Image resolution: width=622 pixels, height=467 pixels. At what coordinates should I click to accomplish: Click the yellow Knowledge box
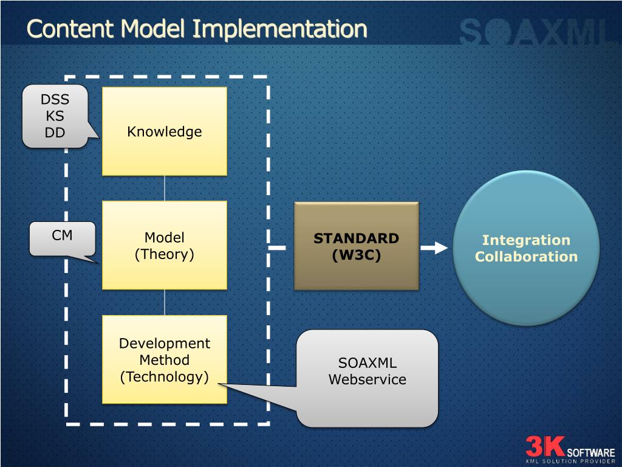click(164, 131)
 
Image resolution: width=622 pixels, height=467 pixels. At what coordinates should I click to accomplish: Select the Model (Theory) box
click(164, 246)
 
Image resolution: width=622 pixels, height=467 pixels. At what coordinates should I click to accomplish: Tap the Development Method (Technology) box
click(164, 359)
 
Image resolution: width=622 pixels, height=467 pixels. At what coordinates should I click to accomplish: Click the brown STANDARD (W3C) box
click(357, 246)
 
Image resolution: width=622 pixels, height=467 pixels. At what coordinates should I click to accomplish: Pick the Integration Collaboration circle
click(526, 248)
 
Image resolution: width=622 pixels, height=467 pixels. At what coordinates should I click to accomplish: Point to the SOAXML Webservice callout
click(367, 378)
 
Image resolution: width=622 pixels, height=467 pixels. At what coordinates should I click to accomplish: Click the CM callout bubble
click(63, 237)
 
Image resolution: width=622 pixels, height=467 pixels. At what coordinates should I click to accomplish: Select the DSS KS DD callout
click(55, 116)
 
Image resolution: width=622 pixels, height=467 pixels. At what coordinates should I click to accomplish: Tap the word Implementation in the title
click(280, 29)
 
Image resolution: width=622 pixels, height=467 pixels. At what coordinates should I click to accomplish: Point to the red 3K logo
click(545, 447)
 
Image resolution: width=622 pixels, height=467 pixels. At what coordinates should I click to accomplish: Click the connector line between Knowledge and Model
click(165, 188)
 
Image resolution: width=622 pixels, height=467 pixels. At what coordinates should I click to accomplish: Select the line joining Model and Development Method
click(165, 302)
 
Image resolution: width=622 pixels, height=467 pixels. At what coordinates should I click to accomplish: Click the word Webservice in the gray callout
click(367, 379)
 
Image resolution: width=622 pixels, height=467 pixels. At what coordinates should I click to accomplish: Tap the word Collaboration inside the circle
click(526, 257)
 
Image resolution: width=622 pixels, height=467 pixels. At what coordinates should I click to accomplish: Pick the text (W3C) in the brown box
click(357, 255)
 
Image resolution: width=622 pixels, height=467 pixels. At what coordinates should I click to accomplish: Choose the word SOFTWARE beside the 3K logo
click(590, 452)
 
